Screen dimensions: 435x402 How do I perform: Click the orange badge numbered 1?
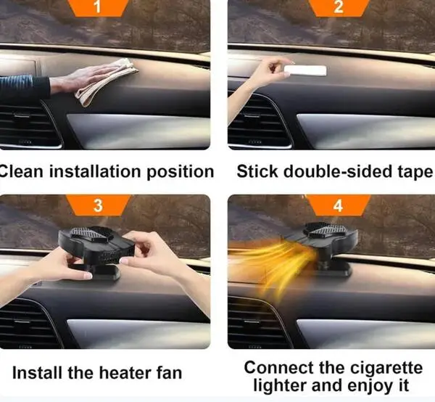(98, 8)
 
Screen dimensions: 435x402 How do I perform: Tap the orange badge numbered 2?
(339, 8)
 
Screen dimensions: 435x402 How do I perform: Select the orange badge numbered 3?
(98, 205)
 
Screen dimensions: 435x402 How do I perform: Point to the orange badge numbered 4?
(338, 205)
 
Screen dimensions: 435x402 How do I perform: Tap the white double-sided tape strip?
(305, 70)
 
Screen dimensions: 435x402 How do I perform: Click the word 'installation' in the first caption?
(96, 171)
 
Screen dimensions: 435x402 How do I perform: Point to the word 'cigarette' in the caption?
(386, 368)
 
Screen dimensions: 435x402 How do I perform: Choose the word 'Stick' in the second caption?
(257, 171)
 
